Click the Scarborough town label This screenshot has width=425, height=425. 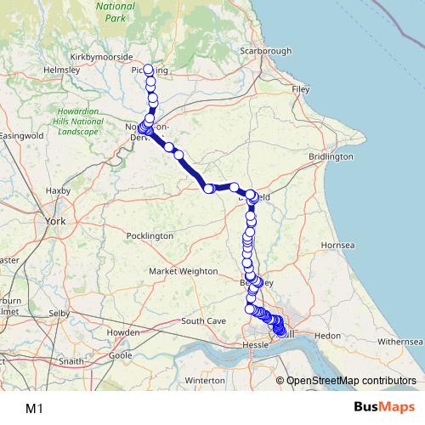(263, 51)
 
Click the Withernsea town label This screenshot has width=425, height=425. (399, 341)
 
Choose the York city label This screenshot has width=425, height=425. (57, 221)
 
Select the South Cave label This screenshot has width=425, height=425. (203, 321)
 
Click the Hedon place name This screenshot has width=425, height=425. (326, 337)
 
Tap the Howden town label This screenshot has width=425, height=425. (122, 332)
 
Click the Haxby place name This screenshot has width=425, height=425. (59, 190)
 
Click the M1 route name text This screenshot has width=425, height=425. (35, 408)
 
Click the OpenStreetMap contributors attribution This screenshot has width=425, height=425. (352, 380)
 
